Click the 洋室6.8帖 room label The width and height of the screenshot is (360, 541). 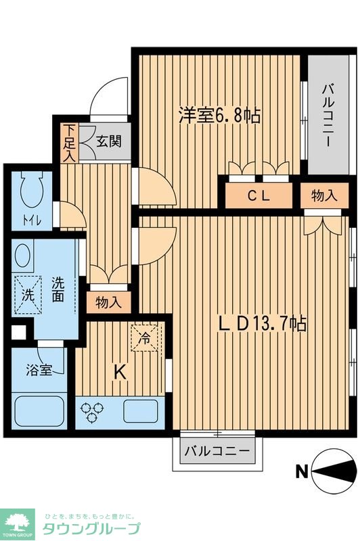tap(219, 115)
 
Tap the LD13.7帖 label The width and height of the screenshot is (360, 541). tap(263, 323)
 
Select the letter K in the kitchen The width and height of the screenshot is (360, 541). tap(119, 371)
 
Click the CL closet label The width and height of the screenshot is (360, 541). tap(258, 197)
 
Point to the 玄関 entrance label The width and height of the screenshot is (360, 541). tap(108, 142)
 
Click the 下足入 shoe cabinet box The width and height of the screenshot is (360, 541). tap(70, 142)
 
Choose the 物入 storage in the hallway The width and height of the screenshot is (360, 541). tap(108, 302)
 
